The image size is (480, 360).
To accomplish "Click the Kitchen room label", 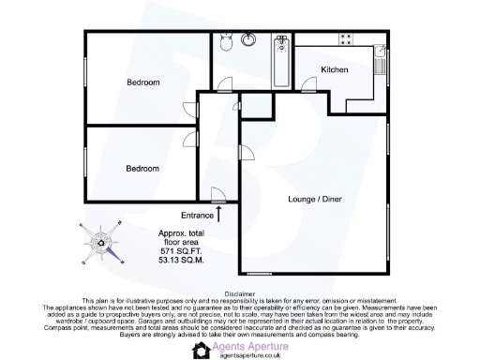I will click(x=334, y=70).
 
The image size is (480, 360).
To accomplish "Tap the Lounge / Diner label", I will click(x=314, y=200).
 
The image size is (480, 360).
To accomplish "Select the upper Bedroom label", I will click(x=143, y=82).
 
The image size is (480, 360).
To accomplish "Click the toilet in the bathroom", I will click(x=224, y=43).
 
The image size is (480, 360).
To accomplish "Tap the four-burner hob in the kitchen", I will click(x=346, y=40).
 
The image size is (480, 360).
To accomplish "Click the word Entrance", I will click(x=197, y=216).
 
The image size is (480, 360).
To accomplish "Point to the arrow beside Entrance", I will click(x=219, y=214).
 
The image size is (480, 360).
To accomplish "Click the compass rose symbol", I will click(x=102, y=240).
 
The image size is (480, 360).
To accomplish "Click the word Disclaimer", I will click(x=239, y=292).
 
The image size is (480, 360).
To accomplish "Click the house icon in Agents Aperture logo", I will click(x=202, y=350).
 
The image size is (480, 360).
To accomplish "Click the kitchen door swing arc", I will click(x=307, y=86).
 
